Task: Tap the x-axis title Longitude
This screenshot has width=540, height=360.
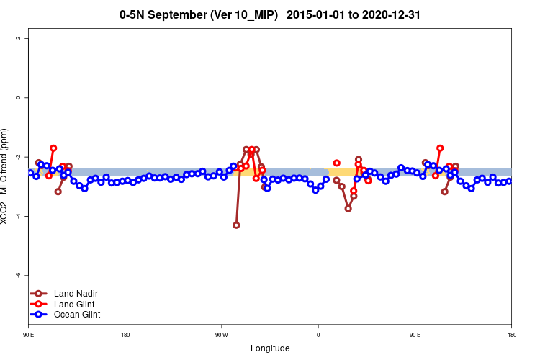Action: [270, 348]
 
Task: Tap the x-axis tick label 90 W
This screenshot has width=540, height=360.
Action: [221, 334]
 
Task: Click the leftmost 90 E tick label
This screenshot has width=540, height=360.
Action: [29, 334]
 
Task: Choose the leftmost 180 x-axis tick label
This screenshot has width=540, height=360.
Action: [125, 334]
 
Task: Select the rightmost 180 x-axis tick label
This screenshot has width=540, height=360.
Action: [511, 334]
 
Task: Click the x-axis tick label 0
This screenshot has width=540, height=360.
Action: [318, 334]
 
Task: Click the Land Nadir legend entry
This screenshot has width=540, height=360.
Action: [76, 294]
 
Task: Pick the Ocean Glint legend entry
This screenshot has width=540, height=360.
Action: [77, 315]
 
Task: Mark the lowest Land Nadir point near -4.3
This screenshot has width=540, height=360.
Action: [236, 225]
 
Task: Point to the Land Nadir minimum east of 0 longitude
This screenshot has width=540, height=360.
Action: [348, 208]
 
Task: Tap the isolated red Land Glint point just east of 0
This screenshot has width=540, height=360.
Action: [336, 163]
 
